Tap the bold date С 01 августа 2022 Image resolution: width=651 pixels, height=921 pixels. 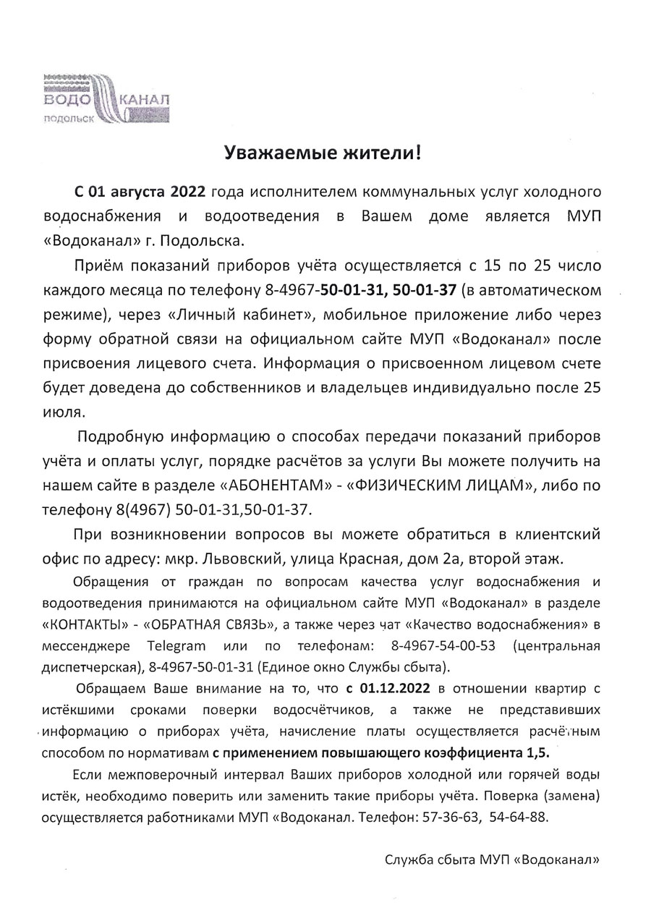point(140,192)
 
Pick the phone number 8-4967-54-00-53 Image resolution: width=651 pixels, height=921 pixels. point(433,645)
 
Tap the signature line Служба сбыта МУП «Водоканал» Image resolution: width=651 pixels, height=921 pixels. point(493,860)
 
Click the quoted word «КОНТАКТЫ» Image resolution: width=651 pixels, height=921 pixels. point(88,624)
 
